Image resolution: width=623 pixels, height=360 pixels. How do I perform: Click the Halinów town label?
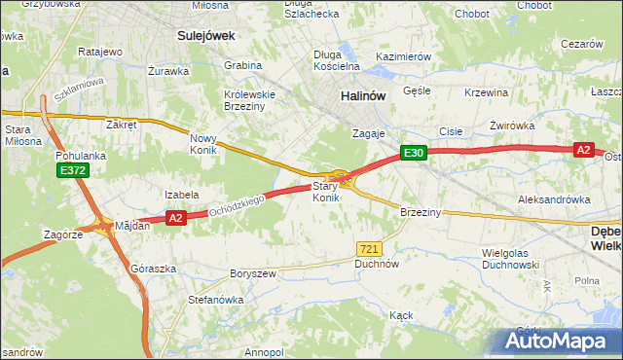364,96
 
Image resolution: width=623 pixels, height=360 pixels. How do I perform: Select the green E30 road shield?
414,153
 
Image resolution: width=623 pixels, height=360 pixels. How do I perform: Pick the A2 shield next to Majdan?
175,219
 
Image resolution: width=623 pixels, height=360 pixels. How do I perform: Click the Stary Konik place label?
325,192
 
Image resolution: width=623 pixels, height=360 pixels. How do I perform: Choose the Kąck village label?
401,315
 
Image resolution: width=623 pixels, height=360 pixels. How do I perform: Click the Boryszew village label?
254,273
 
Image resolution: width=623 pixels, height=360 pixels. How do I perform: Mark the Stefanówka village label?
215,300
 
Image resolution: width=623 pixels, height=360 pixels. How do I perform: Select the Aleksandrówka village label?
554,198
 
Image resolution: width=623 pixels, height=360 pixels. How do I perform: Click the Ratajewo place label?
99,51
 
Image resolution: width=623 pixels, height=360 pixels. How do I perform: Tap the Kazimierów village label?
403,56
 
